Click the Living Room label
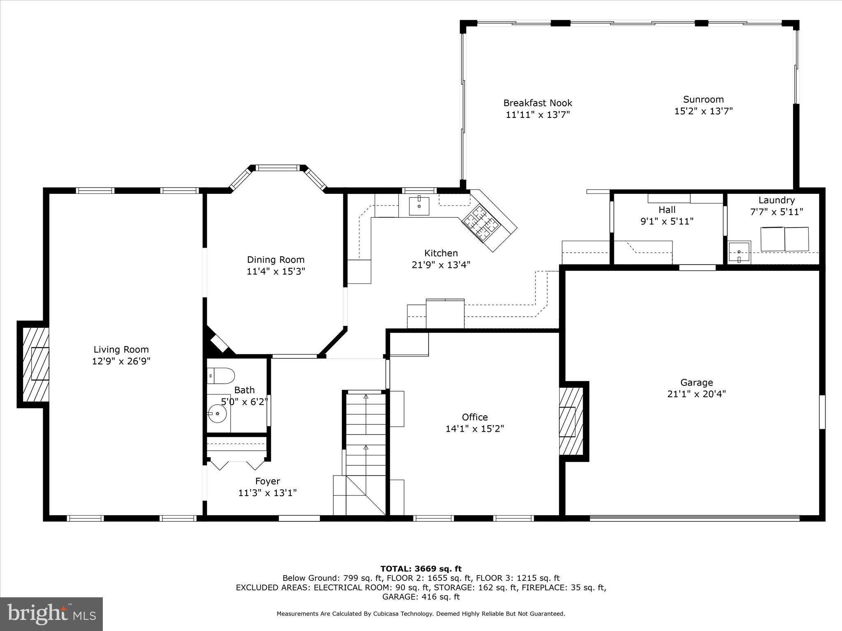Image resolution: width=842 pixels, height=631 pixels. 121,350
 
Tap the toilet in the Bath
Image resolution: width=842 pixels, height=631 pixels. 221,375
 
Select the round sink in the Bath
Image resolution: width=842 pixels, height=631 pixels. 217,413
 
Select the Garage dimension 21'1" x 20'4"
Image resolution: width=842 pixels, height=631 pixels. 696,394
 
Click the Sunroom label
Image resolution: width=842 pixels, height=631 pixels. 703,99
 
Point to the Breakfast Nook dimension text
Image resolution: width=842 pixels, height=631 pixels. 538,115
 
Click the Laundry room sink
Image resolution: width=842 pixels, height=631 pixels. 739,252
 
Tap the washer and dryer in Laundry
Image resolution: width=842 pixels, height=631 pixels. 784,239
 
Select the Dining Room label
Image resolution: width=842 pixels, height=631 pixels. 275,260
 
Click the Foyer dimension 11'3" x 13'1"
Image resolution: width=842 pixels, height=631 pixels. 268,493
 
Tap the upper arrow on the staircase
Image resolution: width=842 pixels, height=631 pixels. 366,397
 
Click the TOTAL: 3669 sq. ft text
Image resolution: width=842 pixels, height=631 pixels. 421,569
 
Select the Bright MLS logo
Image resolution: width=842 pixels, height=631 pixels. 51,614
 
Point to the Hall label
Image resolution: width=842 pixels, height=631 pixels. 667,210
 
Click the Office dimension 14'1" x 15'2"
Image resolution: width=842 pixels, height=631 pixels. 475,429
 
